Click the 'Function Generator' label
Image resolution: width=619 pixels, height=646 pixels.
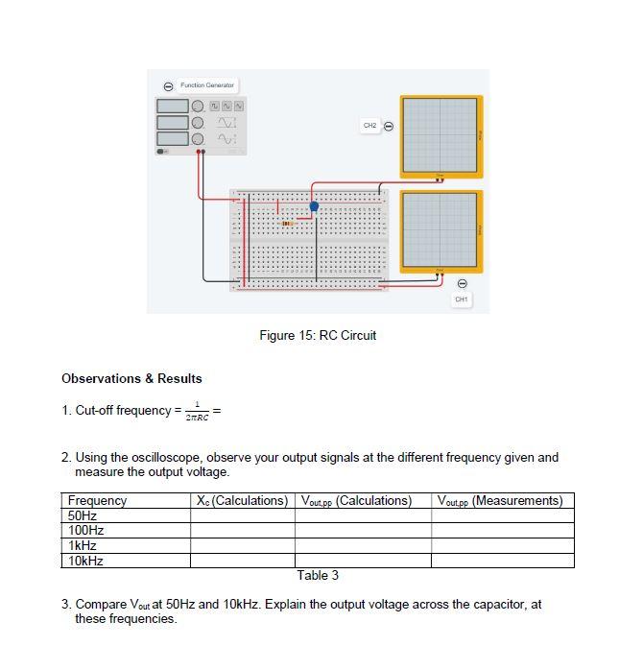click(206, 85)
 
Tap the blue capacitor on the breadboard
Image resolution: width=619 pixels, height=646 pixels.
click(314, 205)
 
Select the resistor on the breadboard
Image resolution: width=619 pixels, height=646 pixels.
click(287, 224)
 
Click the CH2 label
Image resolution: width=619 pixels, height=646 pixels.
click(369, 126)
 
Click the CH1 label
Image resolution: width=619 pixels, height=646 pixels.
click(462, 299)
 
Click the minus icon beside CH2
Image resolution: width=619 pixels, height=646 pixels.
click(389, 126)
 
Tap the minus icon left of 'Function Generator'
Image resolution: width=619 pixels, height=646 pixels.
click(169, 86)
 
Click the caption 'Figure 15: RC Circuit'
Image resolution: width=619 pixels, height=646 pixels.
click(318, 335)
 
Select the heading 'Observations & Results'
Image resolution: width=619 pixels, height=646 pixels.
click(131, 378)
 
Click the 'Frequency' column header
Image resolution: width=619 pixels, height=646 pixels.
click(97, 500)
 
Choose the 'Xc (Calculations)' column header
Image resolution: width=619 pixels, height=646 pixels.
click(242, 500)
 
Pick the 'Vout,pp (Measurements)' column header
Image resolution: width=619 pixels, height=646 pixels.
click(500, 500)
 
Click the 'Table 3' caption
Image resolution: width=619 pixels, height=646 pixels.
click(318, 575)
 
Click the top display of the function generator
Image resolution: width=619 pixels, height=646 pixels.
click(172, 107)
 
